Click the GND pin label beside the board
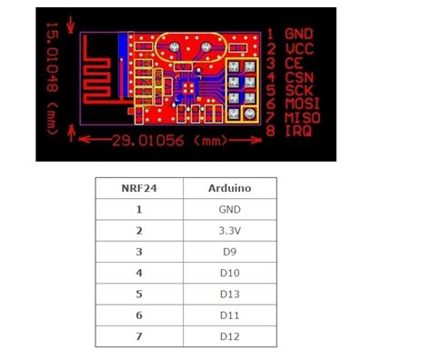[x=299, y=34]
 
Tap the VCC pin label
[x=299, y=47]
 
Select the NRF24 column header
[x=138, y=189]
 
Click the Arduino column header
[x=229, y=189]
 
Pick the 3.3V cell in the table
[x=229, y=231]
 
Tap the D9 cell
[x=229, y=252]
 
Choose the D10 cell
[x=229, y=273]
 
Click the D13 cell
[x=229, y=294]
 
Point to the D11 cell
[x=229, y=315]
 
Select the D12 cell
[x=229, y=335]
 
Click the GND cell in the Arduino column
[x=229, y=210]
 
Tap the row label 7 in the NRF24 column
[x=138, y=335]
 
